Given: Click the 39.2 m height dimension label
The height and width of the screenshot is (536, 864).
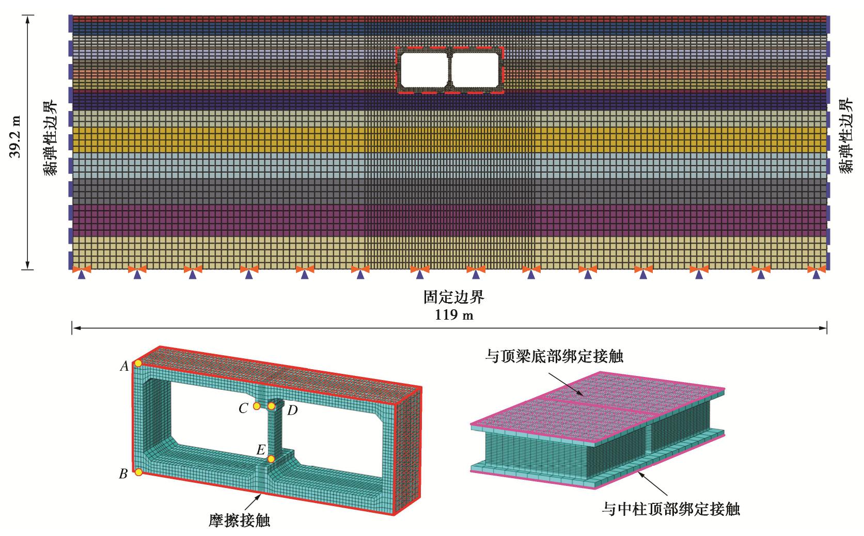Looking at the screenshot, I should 16,136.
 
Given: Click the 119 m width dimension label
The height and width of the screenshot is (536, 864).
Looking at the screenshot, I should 454,314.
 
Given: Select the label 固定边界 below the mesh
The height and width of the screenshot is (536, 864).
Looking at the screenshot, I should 454,298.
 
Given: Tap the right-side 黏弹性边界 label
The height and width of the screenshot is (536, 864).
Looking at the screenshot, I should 846,136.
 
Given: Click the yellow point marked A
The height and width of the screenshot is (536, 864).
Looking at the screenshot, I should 138,364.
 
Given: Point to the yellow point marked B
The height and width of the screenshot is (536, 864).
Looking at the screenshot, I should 138,472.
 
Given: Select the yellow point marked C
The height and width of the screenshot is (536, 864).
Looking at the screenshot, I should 257,406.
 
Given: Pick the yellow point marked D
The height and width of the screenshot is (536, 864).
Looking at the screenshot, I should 272,406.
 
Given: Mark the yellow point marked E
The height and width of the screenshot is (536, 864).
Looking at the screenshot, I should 271,459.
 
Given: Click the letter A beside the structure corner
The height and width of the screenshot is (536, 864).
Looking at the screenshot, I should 124,367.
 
